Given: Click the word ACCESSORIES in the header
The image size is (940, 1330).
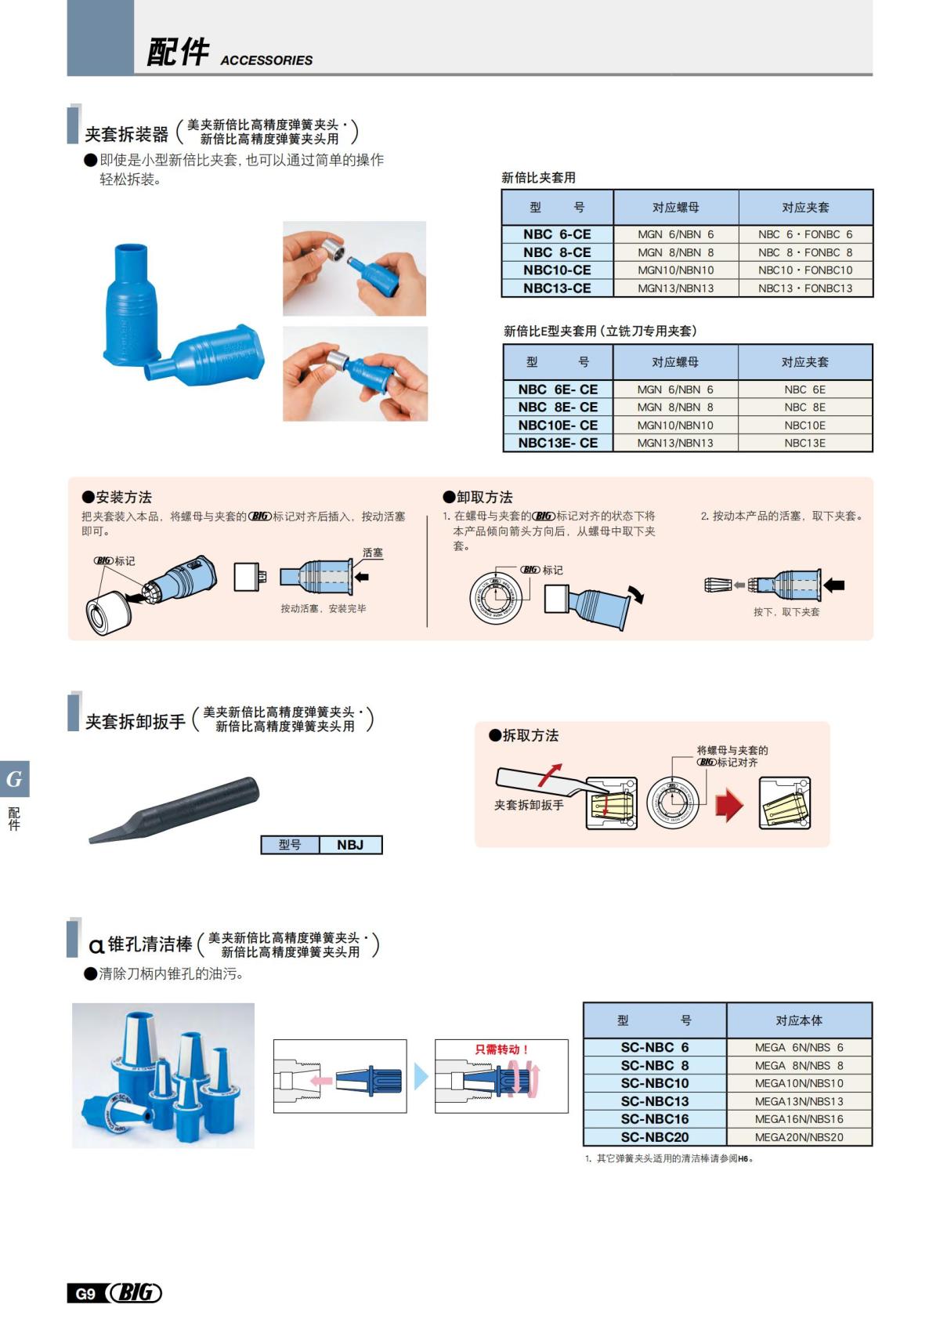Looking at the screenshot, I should [x=266, y=60].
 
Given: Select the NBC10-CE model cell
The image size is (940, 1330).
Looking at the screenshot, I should [x=557, y=270].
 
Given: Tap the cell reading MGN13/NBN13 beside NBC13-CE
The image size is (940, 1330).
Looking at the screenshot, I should [x=675, y=288].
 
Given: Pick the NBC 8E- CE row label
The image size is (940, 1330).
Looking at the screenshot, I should [x=557, y=408].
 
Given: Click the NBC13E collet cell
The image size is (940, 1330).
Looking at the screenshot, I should [x=804, y=443].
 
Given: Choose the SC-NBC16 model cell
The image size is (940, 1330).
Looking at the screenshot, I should [x=654, y=1119].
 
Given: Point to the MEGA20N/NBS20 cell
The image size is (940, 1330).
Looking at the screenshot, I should [x=798, y=1137].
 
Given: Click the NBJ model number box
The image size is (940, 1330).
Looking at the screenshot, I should [x=350, y=845].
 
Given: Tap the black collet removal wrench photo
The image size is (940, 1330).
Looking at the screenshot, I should [x=175, y=810].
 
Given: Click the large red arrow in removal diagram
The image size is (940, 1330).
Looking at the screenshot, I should [x=729, y=805].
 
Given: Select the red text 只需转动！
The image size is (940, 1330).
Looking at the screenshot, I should [x=501, y=1049].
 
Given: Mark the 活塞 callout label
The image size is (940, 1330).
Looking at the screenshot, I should [x=373, y=553].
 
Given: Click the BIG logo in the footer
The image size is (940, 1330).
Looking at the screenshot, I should [x=135, y=1293].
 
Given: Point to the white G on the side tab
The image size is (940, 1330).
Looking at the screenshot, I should [x=14, y=779].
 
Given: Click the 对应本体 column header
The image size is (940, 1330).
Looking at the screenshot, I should [x=798, y=1020].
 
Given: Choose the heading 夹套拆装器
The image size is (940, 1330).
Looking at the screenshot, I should [x=127, y=134].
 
